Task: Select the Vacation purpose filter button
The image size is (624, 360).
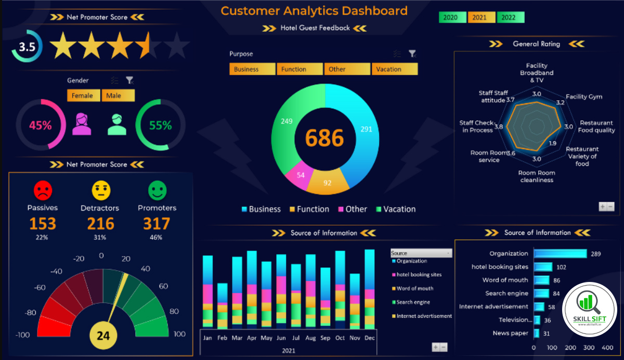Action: (x=394, y=69)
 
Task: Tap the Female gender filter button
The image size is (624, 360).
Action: (x=83, y=96)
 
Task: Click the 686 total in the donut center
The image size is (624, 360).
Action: (x=324, y=138)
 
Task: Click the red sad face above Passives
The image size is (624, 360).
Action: (x=42, y=190)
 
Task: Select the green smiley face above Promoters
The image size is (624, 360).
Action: (x=157, y=190)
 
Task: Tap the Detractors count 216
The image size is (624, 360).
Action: (x=100, y=224)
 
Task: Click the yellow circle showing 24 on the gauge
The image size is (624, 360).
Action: (x=103, y=336)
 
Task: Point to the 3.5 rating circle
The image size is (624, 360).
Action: (x=27, y=47)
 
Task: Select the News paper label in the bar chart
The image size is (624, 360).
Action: (x=510, y=333)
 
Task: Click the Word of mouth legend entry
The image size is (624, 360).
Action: (x=414, y=289)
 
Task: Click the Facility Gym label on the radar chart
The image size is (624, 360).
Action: (x=584, y=97)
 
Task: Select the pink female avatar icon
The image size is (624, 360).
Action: (x=82, y=125)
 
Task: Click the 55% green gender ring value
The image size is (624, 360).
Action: (x=160, y=125)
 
